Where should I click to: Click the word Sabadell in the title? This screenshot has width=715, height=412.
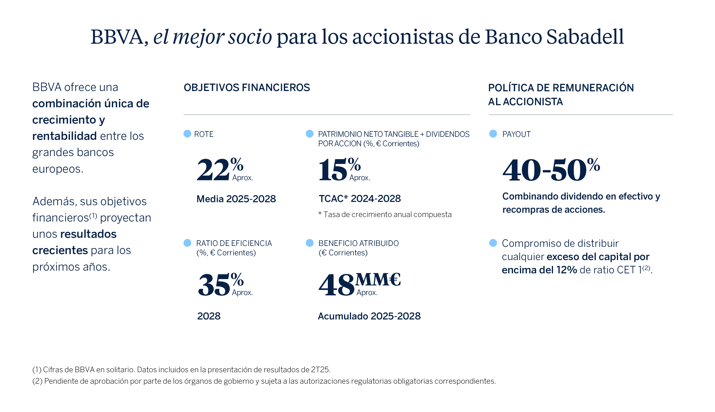585,37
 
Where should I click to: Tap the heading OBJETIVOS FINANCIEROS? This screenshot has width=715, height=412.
247,88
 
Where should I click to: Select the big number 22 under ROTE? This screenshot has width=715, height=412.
213,170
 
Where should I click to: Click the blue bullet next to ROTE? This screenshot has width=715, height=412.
187,134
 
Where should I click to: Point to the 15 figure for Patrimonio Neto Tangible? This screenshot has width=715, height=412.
333,170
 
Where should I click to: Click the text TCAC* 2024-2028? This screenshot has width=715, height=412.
360,199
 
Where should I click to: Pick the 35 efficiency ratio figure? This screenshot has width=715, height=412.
214,285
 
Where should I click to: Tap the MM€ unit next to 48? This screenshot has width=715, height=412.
378,279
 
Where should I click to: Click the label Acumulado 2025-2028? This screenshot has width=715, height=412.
369,316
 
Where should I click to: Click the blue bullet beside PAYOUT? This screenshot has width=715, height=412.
493,134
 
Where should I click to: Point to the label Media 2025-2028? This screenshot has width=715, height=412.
236,199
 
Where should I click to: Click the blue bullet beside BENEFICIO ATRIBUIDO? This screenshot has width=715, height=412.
309,243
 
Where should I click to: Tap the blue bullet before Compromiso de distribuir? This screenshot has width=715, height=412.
493,243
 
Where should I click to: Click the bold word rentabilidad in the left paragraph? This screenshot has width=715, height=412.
64,136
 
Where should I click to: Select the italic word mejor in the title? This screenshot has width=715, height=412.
198,37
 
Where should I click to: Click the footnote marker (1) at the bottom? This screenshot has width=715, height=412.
37,370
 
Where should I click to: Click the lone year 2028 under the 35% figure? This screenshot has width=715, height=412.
209,316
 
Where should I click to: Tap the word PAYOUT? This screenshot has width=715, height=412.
516,134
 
